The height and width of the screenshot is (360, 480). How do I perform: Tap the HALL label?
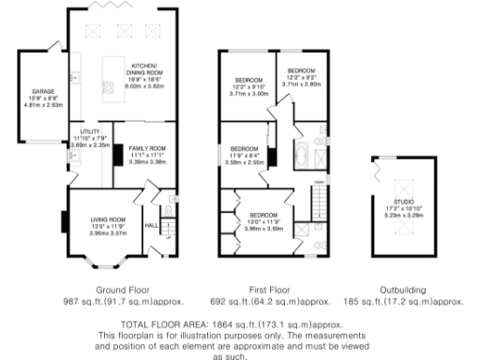pyautogui.click(x=151, y=225)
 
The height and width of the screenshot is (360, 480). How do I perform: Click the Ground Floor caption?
pyautogui.click(x=123, y=290)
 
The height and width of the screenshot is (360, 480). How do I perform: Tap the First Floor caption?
pyautogui.click(x=272, y=290)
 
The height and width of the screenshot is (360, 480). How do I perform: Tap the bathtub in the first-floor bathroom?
pyautogui.click(x=304, y=154)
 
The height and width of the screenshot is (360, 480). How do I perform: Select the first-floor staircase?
pyautogui.click(x=319, y=198)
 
